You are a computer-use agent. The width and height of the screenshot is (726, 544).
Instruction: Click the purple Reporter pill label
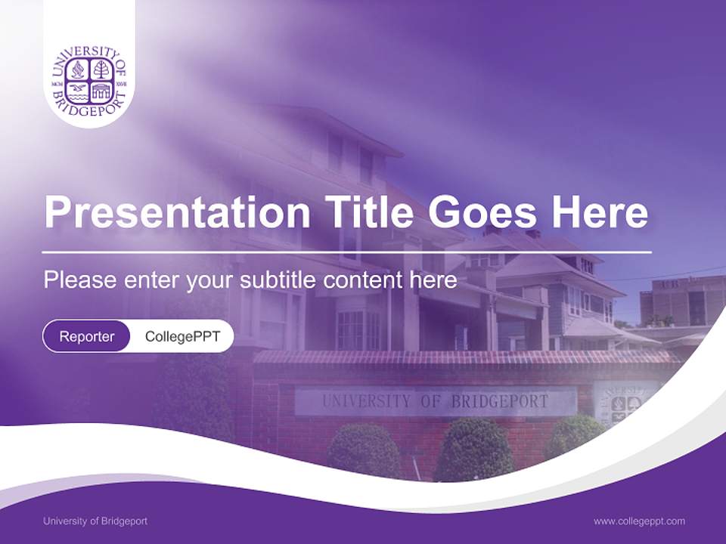[x=87, y=336]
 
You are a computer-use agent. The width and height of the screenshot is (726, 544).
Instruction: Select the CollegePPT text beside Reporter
[x=182, y=336]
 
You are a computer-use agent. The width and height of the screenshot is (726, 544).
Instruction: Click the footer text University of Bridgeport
[x=95, y=521]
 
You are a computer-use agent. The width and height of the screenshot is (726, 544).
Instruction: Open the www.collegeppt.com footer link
[x=639, y=521]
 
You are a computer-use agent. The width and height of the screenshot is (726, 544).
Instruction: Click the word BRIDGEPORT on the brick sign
[x=499, y=401]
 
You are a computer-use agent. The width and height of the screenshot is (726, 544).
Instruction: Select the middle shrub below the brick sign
[x=474, y=450]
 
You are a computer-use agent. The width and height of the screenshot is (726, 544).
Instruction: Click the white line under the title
[x=347, y=252]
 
